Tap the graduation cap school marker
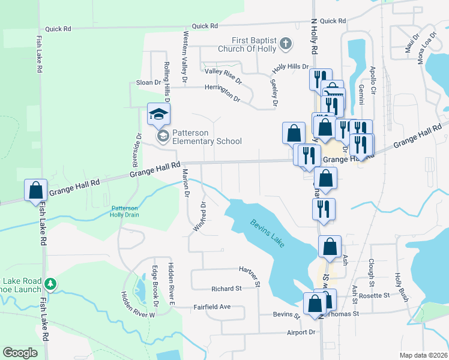pyautogui.click(x=159, y=114)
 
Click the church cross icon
pyautogui.click(x=286, y=43)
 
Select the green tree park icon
pyautogui.click(x=52, y=283)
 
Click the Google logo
pyautogui.click(x=20, y=352)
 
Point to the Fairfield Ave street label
pyautogui.click(x=212, y=307)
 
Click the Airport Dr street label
pyautogui.click(x=301, y=332)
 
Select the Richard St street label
pyautogui.click(x=226, y=289)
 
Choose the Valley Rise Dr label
pyautogui.click(x=223, y=76)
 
